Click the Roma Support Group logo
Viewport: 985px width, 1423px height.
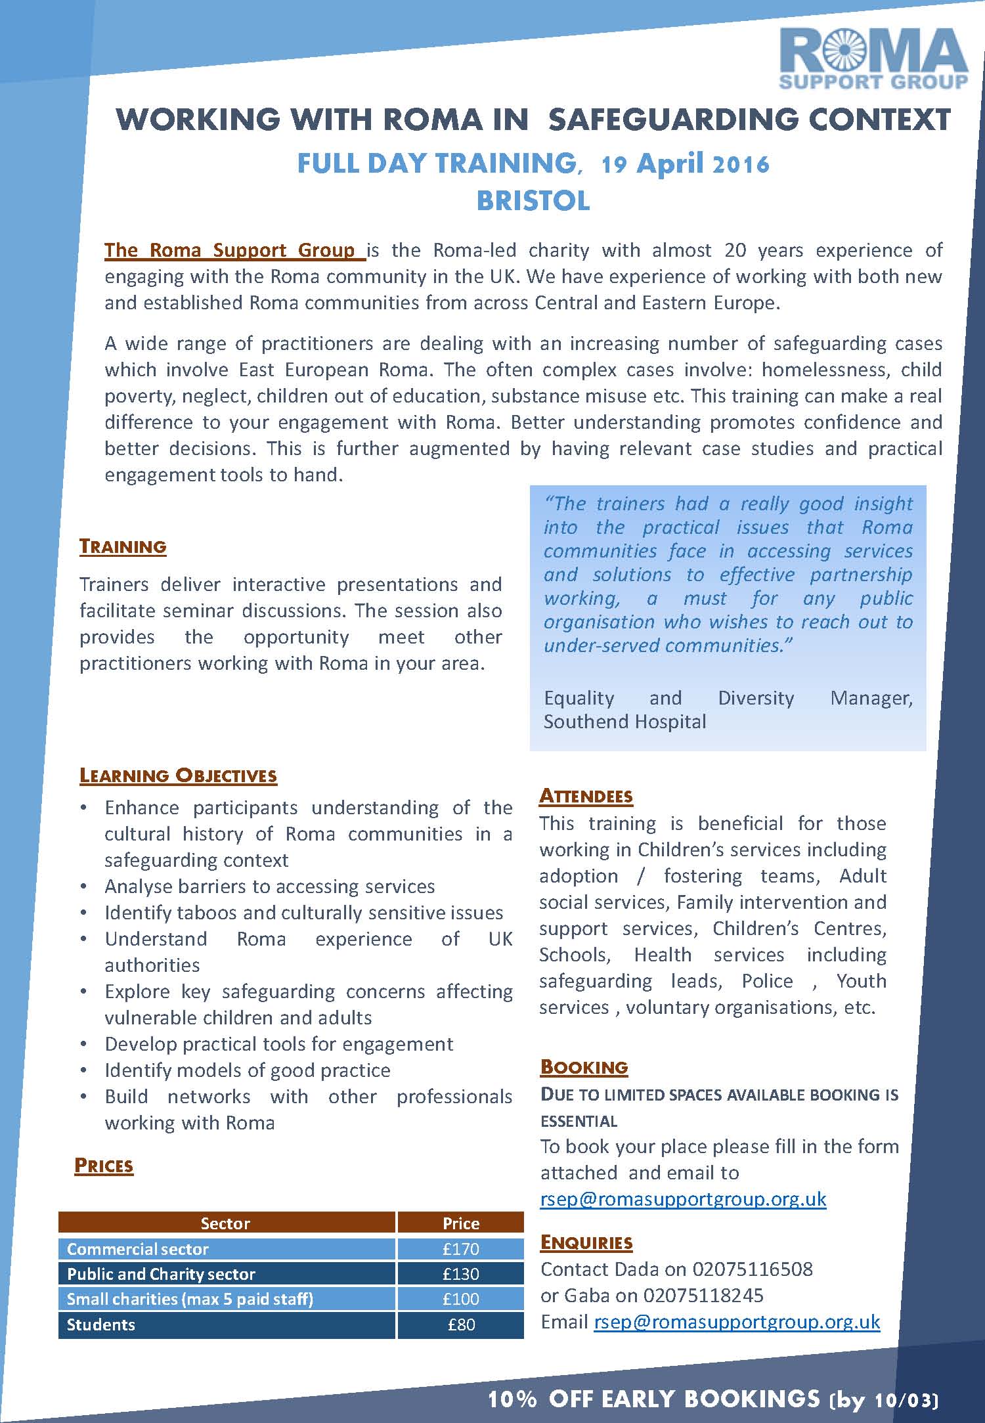click(873, 59)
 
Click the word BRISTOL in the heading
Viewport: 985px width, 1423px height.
click(533, 201)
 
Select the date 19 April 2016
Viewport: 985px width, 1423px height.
click(685, 164)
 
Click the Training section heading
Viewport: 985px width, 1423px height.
click(123, 546)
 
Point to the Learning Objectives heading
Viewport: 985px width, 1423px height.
click(178, 776)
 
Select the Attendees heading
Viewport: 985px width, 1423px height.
click(586, 796)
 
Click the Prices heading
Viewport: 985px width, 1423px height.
click(104, 1166)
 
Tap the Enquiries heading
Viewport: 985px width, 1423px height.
click(586, 1242)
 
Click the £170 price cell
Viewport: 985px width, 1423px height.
click(461, 1248)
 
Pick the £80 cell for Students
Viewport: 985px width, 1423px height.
click(461, 1324)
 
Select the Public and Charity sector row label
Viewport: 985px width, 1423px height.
click(161, 1274)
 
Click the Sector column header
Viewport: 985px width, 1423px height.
click(225, 1223)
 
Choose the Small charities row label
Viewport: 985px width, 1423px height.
click(190, 1299)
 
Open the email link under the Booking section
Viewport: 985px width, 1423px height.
click(683, 1199)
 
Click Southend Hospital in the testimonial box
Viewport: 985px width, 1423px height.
click(624, 722)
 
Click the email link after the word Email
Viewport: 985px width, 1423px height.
click(737, 1322)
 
